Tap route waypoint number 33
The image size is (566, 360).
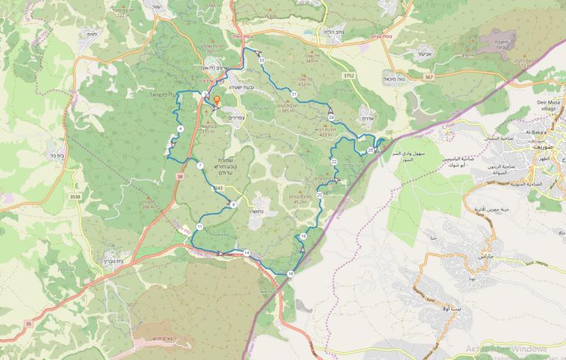[261, 62]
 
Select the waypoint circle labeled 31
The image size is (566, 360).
[294, 93]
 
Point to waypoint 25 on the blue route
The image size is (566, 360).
[371, 150]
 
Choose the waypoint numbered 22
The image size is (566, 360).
[333, 162]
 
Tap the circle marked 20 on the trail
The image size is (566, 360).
[320, 194]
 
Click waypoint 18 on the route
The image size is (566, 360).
[304, 236]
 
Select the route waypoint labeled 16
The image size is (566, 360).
[291, 273]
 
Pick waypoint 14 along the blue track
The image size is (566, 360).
[247, 252]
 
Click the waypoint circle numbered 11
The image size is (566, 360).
[200, 226]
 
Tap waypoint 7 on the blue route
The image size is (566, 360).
[200, 166]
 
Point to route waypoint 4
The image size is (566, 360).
[181, 128]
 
